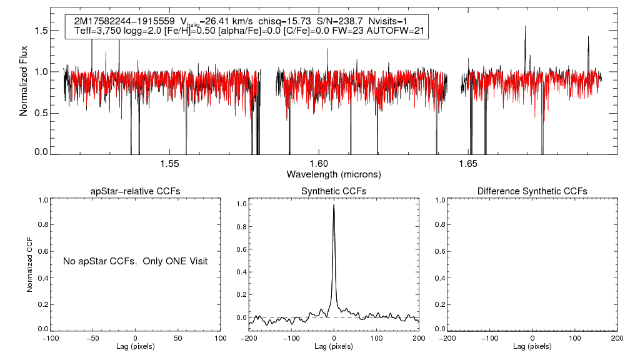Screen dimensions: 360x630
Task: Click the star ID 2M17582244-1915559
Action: [124, 21]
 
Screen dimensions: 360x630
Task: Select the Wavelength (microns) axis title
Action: [333, 174]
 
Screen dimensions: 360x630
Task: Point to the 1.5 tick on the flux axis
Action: [41, 31]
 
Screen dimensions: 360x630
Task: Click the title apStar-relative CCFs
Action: [136, 191]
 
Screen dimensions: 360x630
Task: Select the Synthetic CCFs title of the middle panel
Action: [334, 191]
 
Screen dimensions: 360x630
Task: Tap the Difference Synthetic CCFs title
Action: [532, 191]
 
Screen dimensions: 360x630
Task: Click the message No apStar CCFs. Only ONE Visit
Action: [135, 261]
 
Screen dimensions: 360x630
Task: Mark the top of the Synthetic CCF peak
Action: [334, 204]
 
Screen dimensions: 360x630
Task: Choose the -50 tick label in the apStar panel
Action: [94, 338]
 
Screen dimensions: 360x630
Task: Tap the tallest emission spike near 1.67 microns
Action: [525, 27]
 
